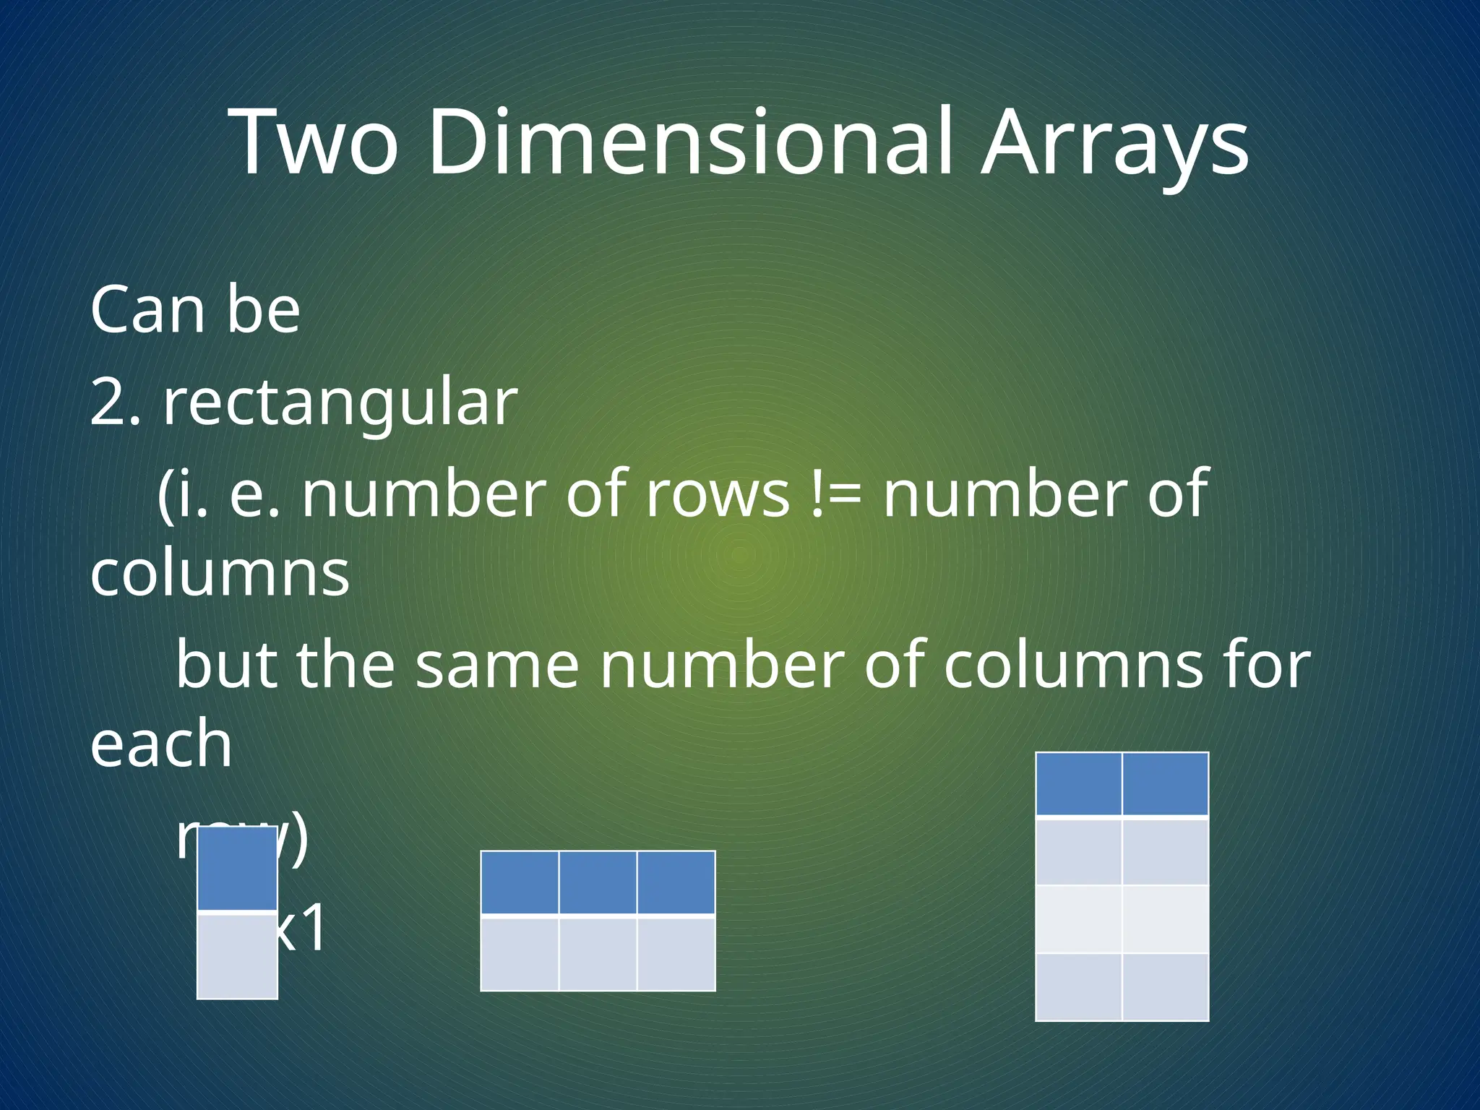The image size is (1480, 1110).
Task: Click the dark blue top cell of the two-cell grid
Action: click(x=237, y=869)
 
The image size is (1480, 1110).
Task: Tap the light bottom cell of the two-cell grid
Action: click(x=237, y=956)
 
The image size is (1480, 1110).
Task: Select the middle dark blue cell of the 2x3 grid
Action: click(x=598, y=882)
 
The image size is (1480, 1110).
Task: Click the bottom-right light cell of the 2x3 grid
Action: click(x=676, y=953)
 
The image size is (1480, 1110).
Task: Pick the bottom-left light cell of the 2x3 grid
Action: click(x=520, y=953)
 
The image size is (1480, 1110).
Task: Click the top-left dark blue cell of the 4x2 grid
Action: click(x=1078, y=784)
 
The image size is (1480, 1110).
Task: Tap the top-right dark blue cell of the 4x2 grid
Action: click(x=1165, y=784)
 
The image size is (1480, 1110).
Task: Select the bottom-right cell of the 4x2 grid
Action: click(x=1165, y=986)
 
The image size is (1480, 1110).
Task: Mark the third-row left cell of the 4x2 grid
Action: click(x=1078, y=918)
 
